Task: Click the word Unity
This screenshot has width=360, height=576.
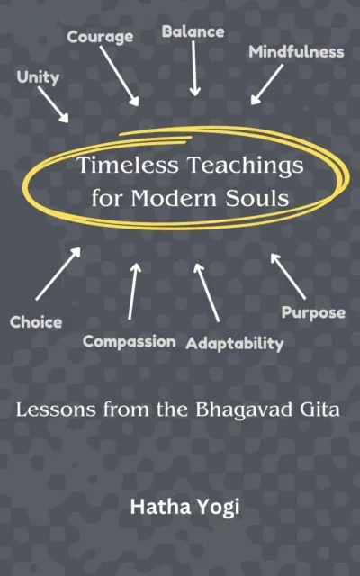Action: click(x=38, y=77)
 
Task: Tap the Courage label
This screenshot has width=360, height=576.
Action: click(x=101, y=37)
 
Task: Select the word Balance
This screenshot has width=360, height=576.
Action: click(x=193, y=32)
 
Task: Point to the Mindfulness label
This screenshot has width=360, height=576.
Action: click(x=296, y=51)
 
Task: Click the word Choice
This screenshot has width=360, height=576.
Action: click(x=36, y=321)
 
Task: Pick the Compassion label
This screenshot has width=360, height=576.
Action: click(x=129, y=341)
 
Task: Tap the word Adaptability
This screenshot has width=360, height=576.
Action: click(x=235, y=343)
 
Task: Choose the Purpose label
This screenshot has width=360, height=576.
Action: click(x=313, y=313)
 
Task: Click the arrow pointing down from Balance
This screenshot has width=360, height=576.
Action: click(x=194, y=70)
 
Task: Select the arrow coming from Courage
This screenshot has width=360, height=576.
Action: click(x=119, y=76)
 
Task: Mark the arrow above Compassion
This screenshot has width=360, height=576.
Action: click(x=133, y=290)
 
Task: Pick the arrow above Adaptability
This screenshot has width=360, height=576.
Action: click(x=206, y=292)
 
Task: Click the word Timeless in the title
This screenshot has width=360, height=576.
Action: click(x=119, y=167)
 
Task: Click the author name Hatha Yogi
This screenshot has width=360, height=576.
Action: click(x=178, y=506)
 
